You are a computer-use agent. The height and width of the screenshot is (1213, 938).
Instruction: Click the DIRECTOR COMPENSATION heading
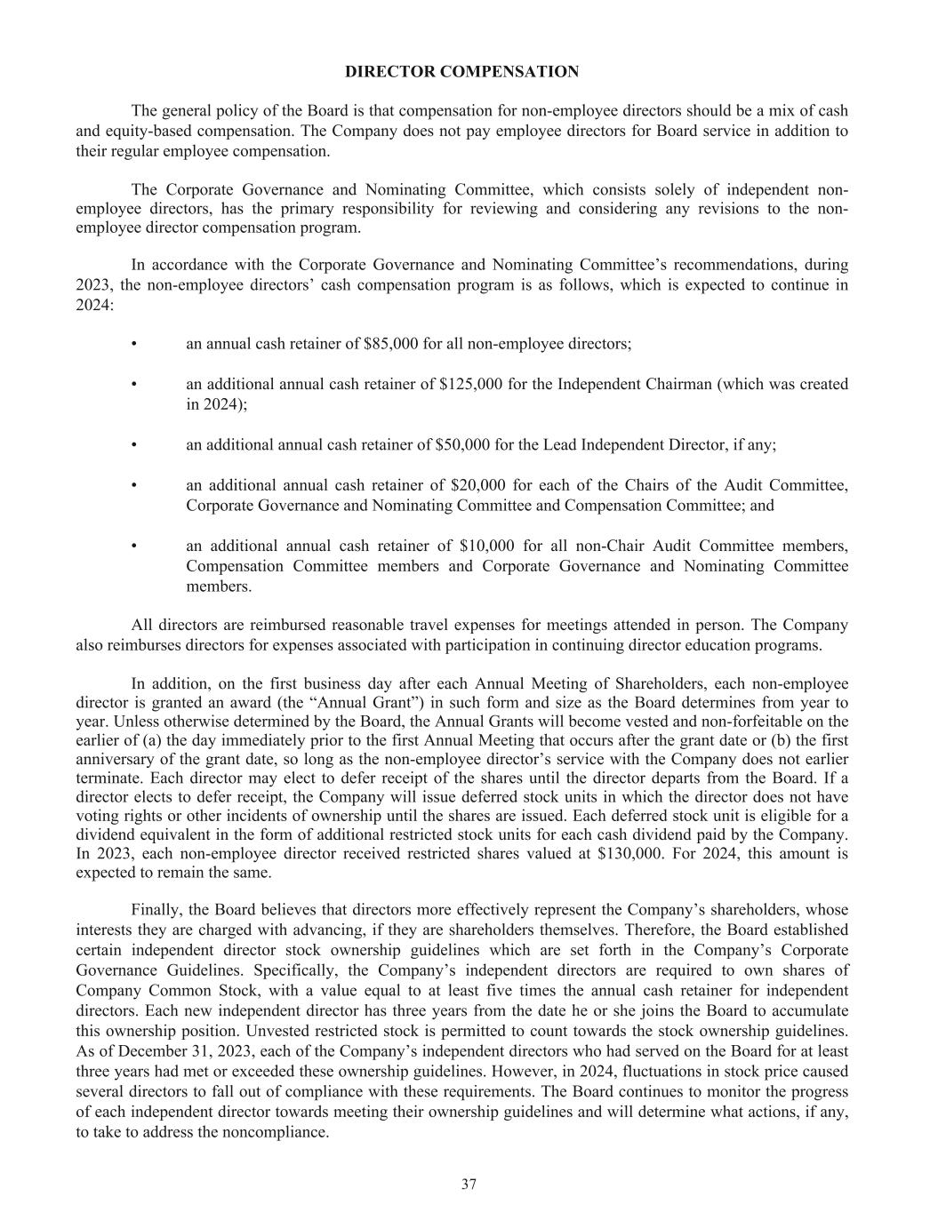click(461, 72)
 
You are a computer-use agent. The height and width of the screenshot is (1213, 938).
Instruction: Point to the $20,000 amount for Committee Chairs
click(478, 485)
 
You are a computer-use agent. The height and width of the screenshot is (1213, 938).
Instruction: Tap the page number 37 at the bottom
click(469, 1184)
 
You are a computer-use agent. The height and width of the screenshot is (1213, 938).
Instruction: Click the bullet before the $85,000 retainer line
click(133, 344)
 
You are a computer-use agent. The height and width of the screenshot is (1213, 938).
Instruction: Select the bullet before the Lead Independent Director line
click(133, 444)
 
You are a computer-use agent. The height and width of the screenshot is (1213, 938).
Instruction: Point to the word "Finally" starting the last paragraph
click(156, 911)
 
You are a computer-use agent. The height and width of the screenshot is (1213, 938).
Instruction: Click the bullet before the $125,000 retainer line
click(133, 385)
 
